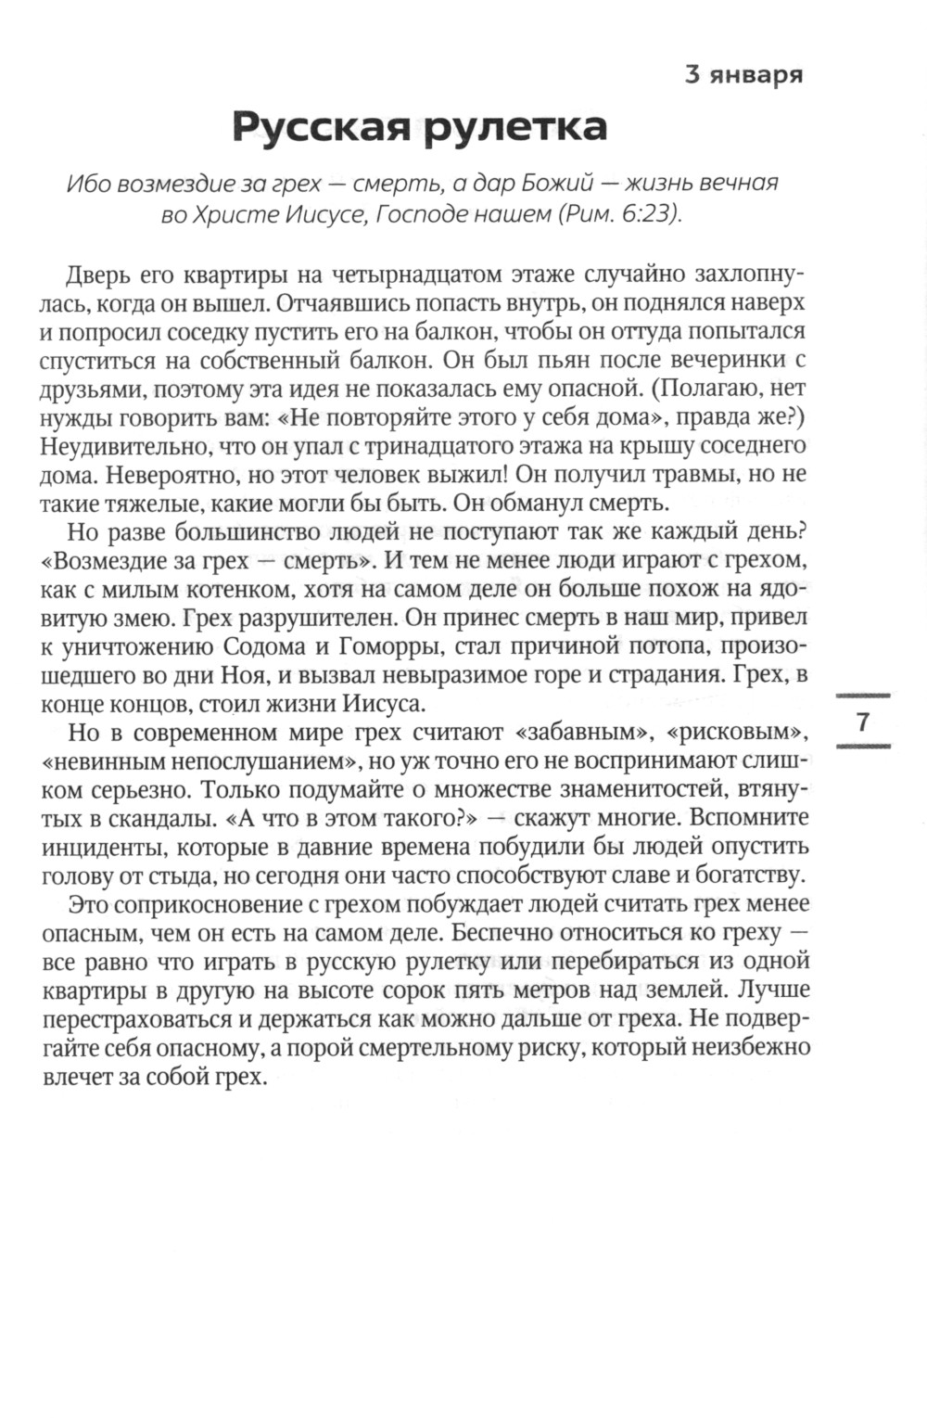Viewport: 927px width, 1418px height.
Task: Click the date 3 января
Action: click(743, 74)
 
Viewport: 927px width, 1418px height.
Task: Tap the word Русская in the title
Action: click(321, 127)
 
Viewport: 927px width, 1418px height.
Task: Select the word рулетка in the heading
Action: click(515, 127)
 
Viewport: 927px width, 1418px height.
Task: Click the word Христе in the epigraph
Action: click(236, 214)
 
